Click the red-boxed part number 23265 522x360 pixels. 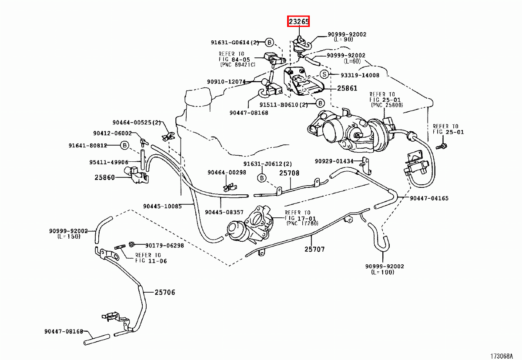point(298,21)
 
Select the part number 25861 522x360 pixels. point(347,88)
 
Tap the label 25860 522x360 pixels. point(105,177)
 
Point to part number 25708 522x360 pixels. point(289,173)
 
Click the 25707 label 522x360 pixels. point(315,249)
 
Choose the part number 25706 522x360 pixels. point(165,293)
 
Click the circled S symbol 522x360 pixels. point(324,74)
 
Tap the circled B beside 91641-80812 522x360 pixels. point(125,145)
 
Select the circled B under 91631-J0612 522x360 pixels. point(262,178)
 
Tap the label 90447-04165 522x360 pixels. point(429,198)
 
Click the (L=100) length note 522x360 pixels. point(383,272)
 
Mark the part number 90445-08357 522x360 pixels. point(224,212)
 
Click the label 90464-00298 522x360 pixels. point(227,173)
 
